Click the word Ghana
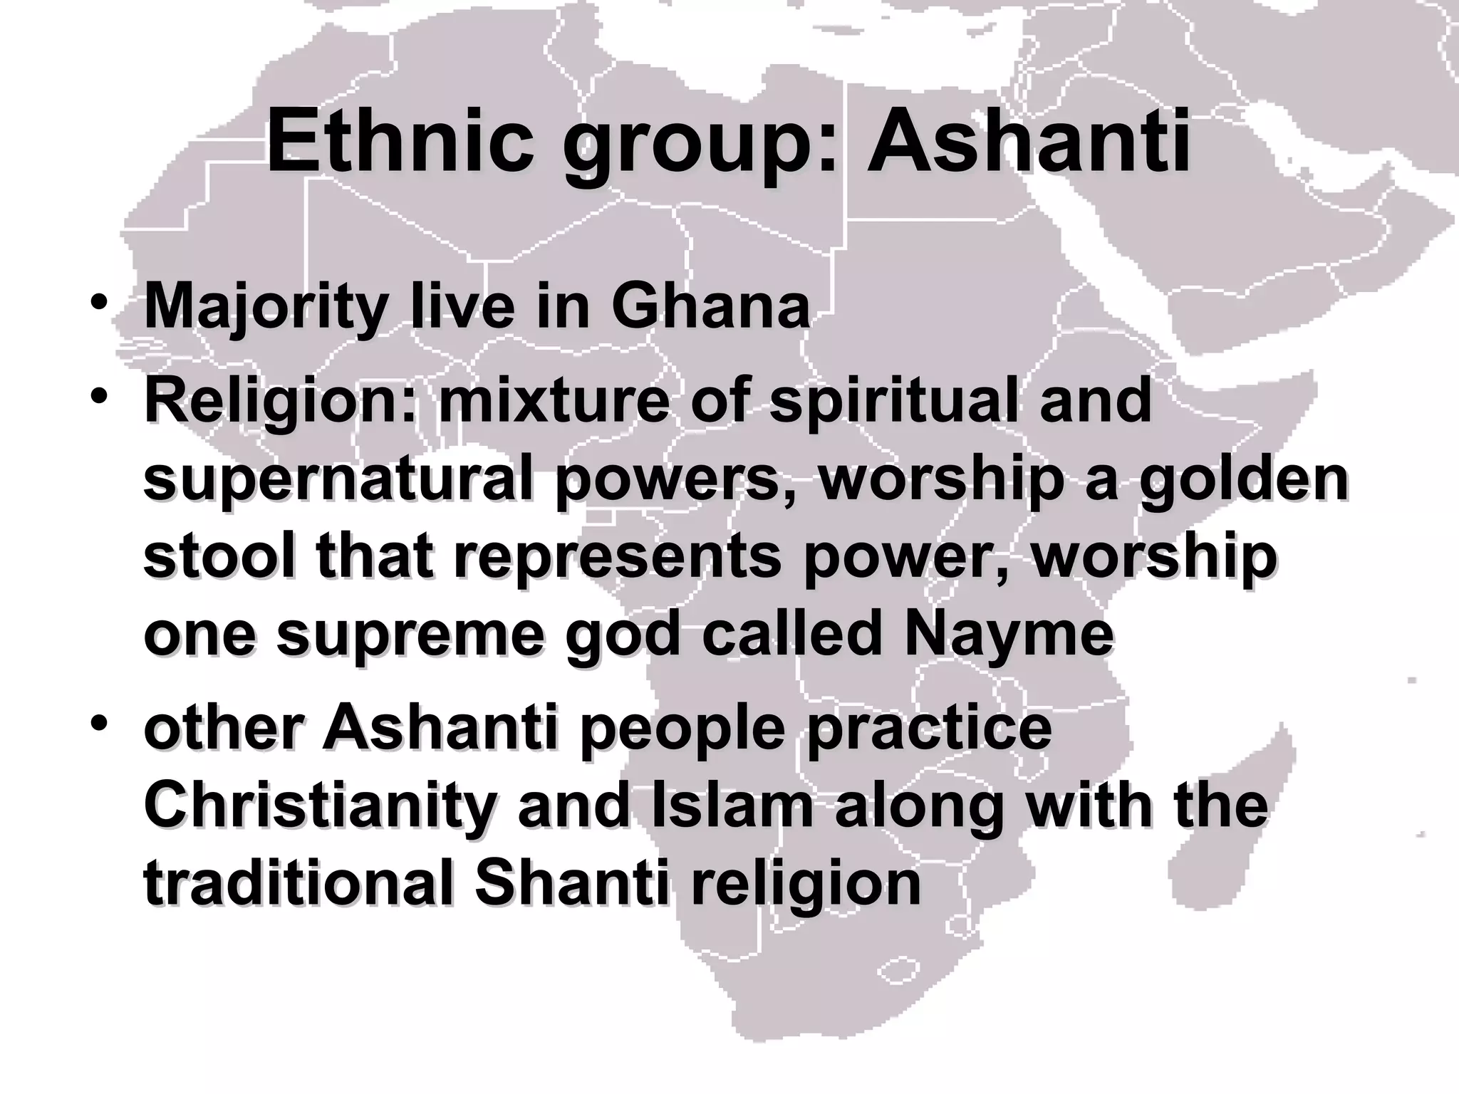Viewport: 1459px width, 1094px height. point(710,307)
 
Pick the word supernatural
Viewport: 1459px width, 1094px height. point(338,479)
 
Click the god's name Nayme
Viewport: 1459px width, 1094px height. point(1009,636)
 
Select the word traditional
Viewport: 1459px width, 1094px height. point(298,884)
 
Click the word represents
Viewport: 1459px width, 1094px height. point(618,558)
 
